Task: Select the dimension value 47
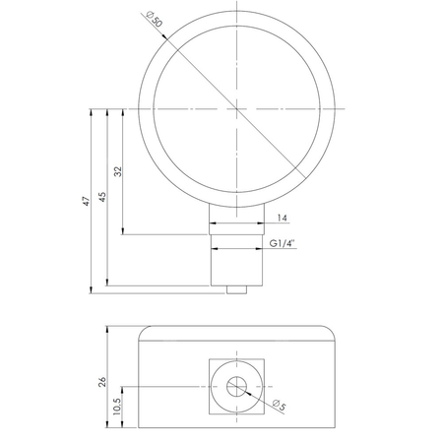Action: coord(86,200)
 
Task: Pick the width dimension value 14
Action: coord(283,218)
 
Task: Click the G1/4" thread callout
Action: coord(283,243)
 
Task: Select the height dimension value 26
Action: coord(102,381)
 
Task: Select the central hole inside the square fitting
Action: coord(235,387)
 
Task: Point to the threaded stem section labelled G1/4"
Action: coord(235,264)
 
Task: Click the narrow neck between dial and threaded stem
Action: coord(235,223)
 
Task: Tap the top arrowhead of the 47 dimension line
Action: coord(92,111)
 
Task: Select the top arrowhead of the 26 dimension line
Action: coord(109,329)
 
